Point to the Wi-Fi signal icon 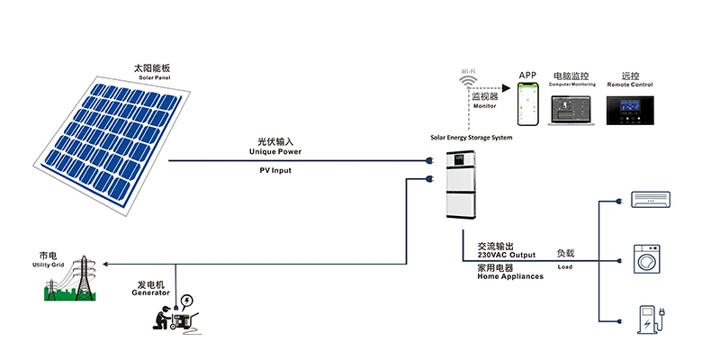[469, 84]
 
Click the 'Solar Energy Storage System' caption [471, 137]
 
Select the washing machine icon [648, 258]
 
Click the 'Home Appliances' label [509, 276]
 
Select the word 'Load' [564, 267]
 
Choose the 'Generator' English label [150, 293]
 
